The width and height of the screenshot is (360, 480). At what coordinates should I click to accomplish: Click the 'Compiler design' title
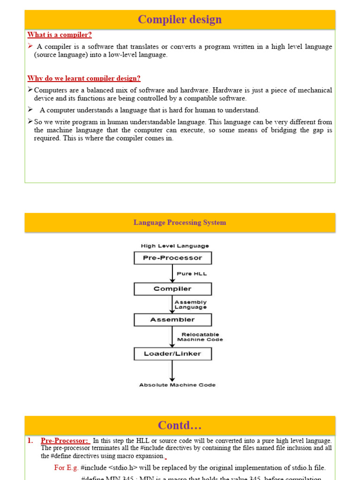point(180,20)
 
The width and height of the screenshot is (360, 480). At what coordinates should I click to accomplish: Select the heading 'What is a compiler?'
point(60,35)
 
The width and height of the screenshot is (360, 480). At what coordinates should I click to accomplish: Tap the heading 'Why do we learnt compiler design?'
point(84,78)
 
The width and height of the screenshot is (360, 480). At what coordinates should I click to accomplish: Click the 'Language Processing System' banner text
point(180,223)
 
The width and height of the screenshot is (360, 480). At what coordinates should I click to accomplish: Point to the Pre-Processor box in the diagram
point(172,258)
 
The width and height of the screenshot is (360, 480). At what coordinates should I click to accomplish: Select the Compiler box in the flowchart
point(172,289)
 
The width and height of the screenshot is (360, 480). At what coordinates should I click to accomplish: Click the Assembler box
point(172,320)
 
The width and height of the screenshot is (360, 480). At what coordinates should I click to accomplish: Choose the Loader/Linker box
point(172,354)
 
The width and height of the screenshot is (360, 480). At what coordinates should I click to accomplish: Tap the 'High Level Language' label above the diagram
point(175,246)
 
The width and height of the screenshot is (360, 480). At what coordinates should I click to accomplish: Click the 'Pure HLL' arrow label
point(191,274)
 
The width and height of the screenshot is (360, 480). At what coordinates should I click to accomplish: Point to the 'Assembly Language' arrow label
point(190,305)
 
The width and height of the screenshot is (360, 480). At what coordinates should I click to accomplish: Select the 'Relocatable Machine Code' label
point(200,337)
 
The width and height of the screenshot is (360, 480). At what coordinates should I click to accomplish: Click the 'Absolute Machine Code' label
point(177,385)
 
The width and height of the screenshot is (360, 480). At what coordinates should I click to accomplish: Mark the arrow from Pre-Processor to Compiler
point(172,274)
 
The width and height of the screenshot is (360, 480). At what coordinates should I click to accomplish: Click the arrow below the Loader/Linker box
point(172,370)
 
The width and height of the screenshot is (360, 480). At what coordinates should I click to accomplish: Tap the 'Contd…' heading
point(180,426)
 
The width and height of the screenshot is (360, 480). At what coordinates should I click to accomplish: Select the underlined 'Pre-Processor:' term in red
point(64,441)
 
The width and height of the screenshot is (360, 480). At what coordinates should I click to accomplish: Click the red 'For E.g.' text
point(66,467)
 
